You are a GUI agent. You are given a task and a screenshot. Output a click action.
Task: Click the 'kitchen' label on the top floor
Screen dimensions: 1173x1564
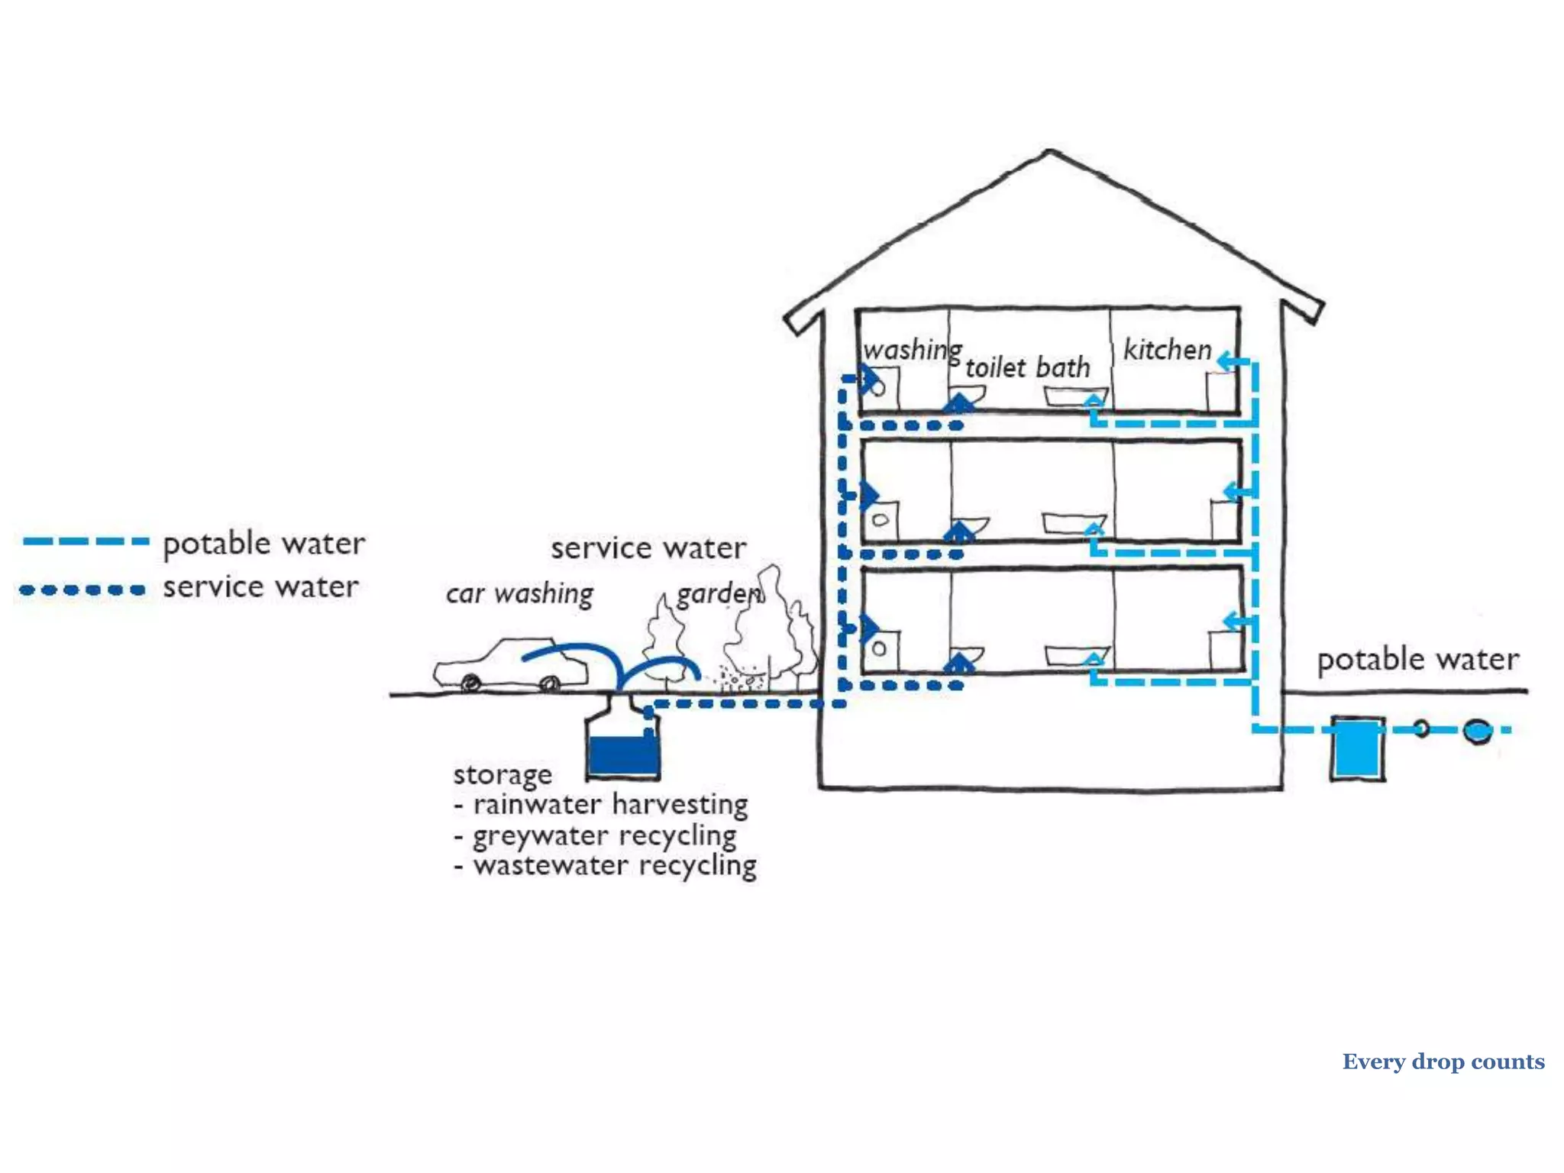click(x=1167, y=350)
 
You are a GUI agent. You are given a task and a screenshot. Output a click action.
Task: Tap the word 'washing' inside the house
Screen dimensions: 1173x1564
click(x=912, y=350)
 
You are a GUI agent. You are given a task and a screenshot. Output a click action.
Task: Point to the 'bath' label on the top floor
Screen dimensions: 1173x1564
click(x=1063, y=368)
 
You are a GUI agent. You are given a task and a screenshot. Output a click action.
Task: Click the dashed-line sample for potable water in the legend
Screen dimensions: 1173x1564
click(x=86, y=541)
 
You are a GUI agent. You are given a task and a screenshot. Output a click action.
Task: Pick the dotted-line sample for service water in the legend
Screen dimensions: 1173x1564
click(x=82, y=590)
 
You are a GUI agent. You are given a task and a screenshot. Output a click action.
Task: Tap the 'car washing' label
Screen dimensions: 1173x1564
click(x=519, y=593)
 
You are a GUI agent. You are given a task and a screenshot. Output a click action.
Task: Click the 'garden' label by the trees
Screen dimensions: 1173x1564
click(x=719, y=593)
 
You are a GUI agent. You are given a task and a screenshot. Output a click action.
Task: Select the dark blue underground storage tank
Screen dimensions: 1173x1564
click(x=623, y=752)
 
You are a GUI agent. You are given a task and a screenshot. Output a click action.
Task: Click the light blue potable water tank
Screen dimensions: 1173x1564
click(x=1357, y=748)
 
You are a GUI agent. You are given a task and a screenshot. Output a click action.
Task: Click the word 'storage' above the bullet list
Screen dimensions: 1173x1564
click(x=502, y=774)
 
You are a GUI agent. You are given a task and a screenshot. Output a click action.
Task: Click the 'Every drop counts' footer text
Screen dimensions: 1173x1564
click(x=1443, y=1062)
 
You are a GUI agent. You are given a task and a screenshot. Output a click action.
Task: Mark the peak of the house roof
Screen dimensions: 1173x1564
click(x=1050, y=152)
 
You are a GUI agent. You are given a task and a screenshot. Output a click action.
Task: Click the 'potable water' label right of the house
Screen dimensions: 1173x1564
click(x=1417, y=659)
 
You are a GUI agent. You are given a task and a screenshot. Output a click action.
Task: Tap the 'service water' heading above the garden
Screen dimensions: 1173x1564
click(x=648, y=548)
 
